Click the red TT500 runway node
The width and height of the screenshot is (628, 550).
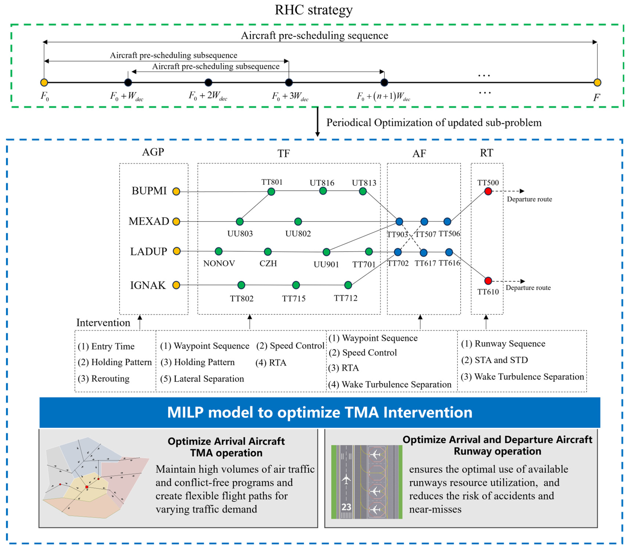tap(488, 191)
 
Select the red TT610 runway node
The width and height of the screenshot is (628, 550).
tap(488, 281)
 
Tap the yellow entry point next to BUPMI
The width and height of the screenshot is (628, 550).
tap(176, 192)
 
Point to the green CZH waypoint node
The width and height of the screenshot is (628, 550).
tap(268, 252)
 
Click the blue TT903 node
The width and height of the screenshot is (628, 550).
tap(399, 221)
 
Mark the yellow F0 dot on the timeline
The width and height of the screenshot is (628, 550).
tap(44, 82)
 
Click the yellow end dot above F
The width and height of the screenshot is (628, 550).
tap(597, 82)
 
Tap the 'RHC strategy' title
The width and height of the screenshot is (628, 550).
tap(314, 10)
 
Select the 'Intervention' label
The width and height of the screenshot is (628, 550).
tap(103, 323)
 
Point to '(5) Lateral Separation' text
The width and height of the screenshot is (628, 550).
tap(202, 379)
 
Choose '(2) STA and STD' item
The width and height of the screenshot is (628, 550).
tap(494, 360)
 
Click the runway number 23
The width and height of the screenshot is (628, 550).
tap(346, 507)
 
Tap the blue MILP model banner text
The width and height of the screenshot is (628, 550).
tap(320, 412)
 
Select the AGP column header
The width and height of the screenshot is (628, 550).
tap(153, 152)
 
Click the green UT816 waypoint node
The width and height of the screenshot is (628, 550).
tap(323, 191)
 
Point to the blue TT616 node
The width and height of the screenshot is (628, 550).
tap(449, 252)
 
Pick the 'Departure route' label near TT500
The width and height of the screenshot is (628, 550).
tap(529, 199)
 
